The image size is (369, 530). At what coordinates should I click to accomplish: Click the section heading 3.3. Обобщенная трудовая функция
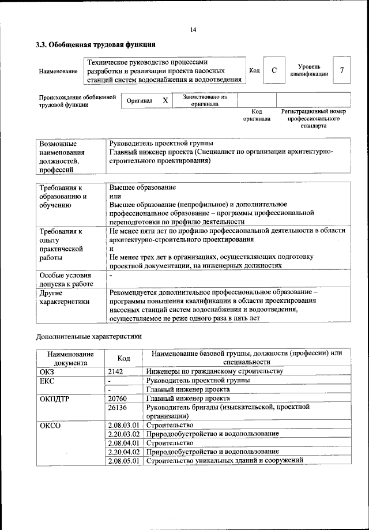(95, 44)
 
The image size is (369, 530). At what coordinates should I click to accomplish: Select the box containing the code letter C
(274, 70)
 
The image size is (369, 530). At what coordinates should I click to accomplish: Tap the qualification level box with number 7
(342, 70)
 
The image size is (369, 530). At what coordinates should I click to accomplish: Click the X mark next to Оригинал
(165, 100)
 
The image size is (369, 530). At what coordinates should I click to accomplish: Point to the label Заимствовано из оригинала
(205, 101)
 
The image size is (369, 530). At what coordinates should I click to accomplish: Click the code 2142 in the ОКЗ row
(116, 371)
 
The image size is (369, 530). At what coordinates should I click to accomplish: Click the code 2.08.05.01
(125, 460)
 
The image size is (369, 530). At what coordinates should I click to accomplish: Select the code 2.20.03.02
(125, 433)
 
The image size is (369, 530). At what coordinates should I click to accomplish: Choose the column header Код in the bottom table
(124, 358)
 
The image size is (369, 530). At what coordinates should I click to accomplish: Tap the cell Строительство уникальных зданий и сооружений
(225, 460)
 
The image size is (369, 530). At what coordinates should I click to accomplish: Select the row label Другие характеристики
(64, 297)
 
